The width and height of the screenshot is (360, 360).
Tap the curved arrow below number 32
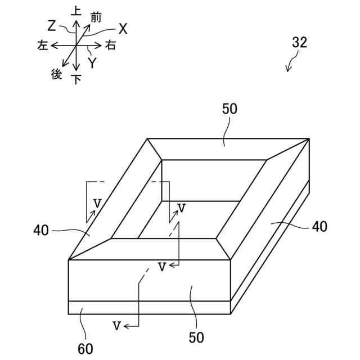[x=291, y=64]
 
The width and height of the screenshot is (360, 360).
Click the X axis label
[x=123, y=29]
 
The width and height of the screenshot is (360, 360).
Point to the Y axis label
[x=92, y=63]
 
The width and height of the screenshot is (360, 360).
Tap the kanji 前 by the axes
[x=95, y=18]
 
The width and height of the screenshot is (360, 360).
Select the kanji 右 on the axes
[x=110, y=46]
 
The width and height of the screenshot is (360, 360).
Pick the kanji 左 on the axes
[x=42, y=46]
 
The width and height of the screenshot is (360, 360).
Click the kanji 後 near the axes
[x=56, y=74]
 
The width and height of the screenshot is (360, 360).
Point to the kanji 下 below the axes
[x=76, y=79]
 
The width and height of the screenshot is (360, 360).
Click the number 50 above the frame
[x=229, y=109]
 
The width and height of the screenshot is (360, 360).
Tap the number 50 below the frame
[x=196, y=337]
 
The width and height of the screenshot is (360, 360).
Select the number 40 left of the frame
[x=40, y=229]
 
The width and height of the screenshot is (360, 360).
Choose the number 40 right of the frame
[x=319, y=226]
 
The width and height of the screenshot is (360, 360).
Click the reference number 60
[x=85, y=349]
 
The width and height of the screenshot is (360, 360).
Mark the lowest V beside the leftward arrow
[x=116, y=325]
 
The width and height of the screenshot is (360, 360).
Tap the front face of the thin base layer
[x=149, y=308]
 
